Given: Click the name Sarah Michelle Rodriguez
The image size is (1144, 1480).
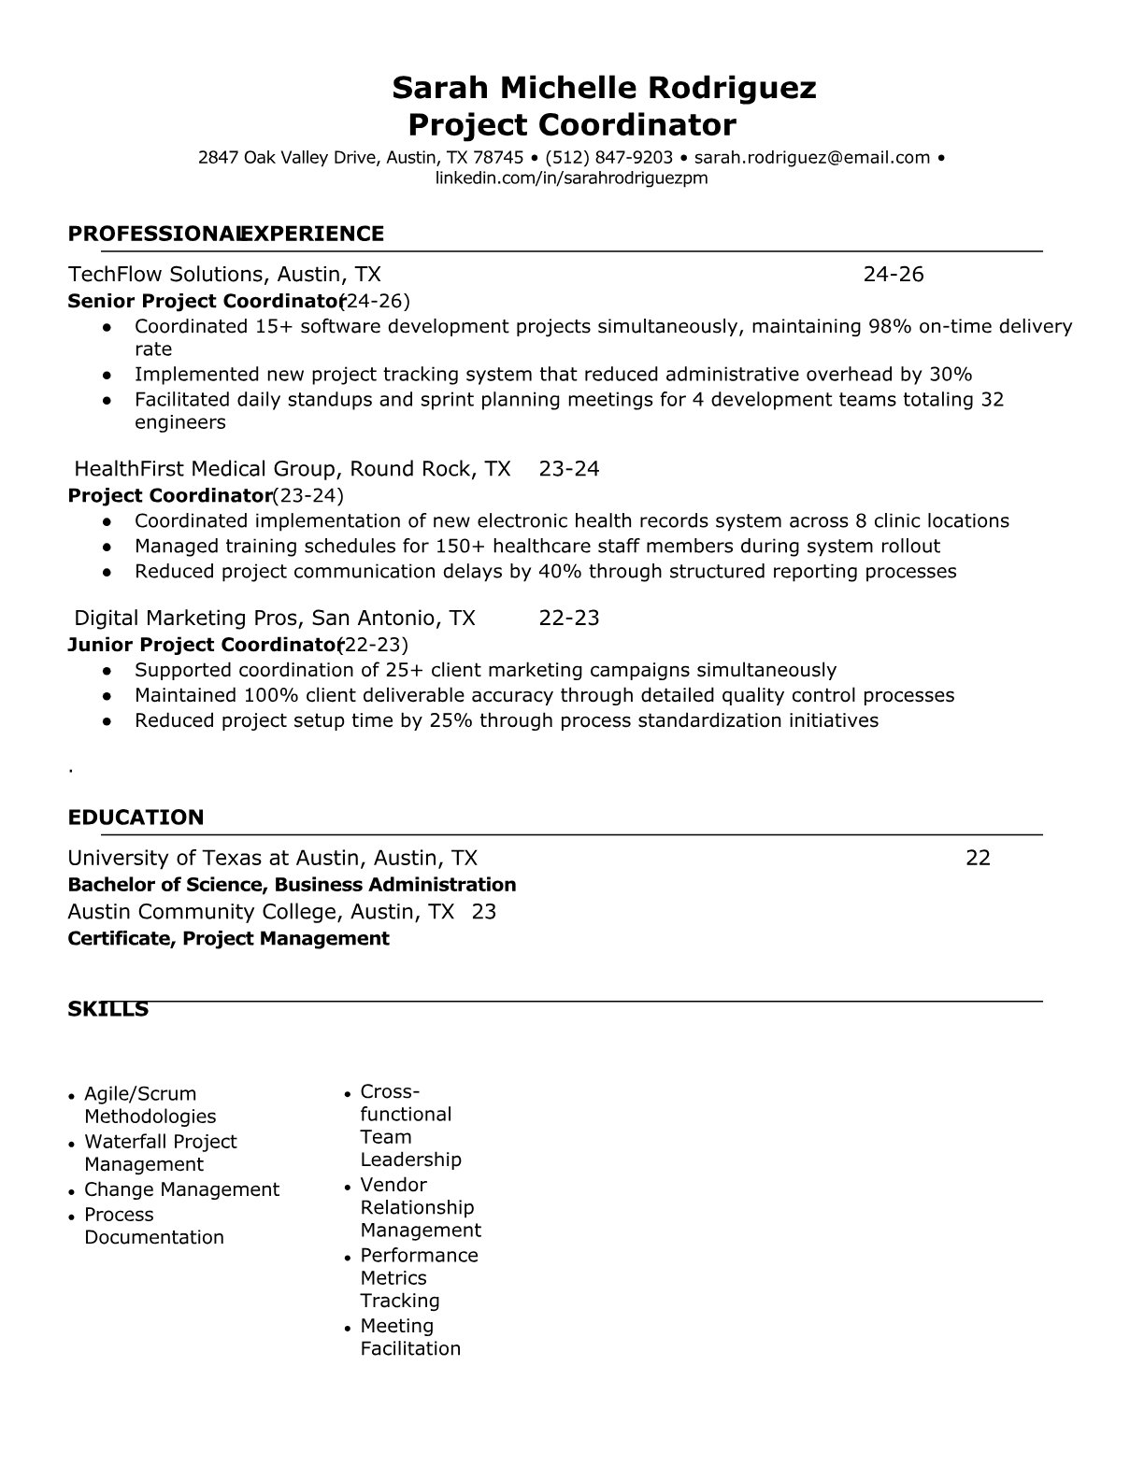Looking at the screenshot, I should (x=604, y=88).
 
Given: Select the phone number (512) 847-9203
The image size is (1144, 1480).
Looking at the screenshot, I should (x=608, y=158).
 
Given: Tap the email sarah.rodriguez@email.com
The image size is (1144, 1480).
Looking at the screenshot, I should (x=812, y=158).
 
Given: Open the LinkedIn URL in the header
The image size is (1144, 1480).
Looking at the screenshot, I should (x=571, y=178).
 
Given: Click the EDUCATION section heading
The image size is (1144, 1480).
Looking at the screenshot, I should (x=136, y=818).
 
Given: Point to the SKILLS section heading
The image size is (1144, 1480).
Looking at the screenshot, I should (x=107, y=1009).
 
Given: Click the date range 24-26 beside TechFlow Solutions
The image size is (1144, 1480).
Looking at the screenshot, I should (x=893, y=275).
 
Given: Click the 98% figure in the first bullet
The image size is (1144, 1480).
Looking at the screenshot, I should (x=890, y=327).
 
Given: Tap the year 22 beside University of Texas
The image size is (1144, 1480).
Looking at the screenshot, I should (x=978, y=859).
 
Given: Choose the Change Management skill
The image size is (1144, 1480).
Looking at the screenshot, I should (x=181, y=1189).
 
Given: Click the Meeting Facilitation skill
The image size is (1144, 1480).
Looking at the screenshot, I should (x=409, y=1337).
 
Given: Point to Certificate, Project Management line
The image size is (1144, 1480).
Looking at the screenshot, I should (x=228, y=938).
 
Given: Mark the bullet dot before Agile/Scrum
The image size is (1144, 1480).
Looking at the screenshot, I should (x=72, y=1095).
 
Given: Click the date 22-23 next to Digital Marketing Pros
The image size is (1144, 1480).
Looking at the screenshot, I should (x=568, y=619).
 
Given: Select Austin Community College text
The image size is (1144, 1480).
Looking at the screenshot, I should (x=206, y=912).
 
